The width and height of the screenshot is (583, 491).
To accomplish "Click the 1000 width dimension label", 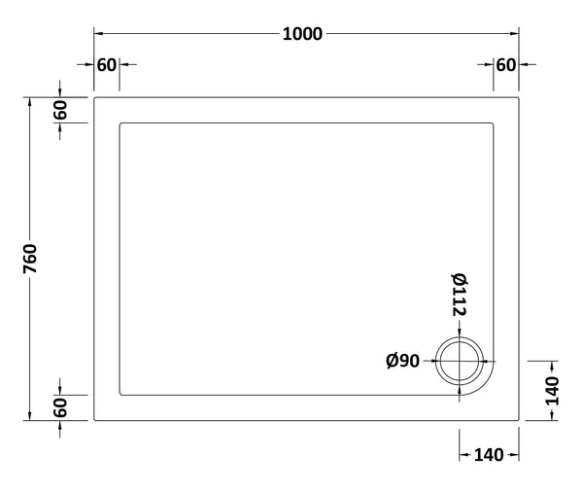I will (302, 33).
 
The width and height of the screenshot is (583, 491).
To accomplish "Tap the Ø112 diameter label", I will (460, 298).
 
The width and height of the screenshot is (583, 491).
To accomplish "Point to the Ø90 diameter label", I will (401, 362).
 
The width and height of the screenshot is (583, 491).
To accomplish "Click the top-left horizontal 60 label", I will (106, 65).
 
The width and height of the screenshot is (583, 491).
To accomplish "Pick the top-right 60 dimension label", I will (505, 65).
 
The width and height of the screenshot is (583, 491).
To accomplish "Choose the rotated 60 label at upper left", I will (59, 109).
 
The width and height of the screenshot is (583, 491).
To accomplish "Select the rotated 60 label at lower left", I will (59, 407).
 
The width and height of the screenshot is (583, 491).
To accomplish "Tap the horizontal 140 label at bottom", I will (488, 454).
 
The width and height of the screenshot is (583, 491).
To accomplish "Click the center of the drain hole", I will (460, 362).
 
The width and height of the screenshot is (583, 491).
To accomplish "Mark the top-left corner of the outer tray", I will (93, 96).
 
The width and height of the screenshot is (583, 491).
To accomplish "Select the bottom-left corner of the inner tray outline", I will (120, 394).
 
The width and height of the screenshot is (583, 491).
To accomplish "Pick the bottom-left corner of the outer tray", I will (93, 420).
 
